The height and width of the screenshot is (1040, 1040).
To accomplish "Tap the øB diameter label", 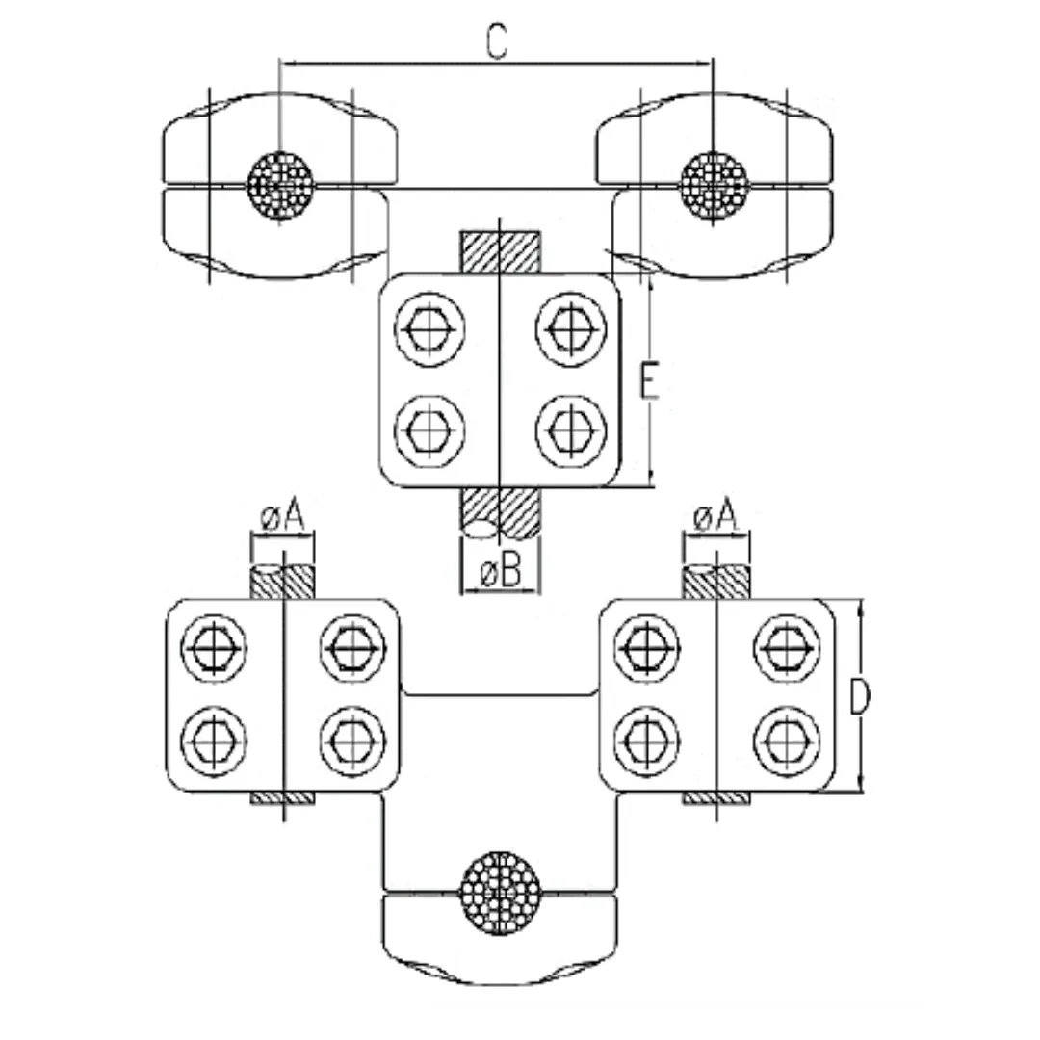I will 500,573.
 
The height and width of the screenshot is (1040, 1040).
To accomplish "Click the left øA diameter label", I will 282,519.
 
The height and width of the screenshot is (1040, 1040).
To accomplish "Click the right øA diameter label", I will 715,519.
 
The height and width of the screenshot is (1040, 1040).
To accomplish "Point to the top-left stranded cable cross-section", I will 280,182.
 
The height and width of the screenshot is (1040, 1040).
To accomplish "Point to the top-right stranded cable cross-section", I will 714,182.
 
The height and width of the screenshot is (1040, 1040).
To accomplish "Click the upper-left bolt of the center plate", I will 429,330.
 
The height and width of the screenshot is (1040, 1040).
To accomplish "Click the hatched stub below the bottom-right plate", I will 715,799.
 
